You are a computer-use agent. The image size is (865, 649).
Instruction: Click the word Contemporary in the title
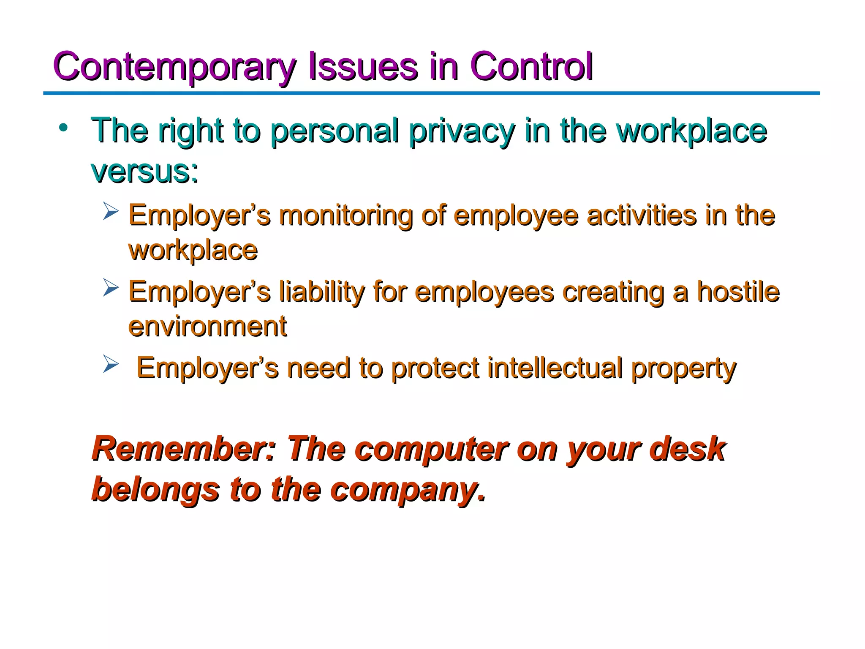[x=175, y=67]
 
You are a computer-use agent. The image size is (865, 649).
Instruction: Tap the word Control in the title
[x=531, y=67]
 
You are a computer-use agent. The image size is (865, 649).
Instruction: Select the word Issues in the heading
[x=363, y=67]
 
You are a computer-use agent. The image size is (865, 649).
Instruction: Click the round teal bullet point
[x=63, y=128]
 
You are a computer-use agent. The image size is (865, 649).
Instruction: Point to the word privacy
[x=462, y=131]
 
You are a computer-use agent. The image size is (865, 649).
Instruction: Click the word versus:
[x=144, y=172]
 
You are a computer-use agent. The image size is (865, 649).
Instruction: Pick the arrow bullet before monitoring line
[x=111, y=211]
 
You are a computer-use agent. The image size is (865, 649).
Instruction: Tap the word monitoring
[x=345, y=215]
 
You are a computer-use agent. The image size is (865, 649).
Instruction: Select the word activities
[x=642, y=215]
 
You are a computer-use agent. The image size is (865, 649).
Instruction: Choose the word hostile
[x=737, y=292]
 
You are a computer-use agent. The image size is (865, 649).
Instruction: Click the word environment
[x=207, y=327]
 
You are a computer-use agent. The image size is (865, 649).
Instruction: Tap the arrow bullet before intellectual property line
[x=111, y=364]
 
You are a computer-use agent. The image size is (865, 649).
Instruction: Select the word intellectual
[x=555, y=368]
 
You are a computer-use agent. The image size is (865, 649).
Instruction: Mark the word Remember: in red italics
[x=184, y=449]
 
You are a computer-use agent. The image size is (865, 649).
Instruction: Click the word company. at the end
[x=408, y=490]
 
